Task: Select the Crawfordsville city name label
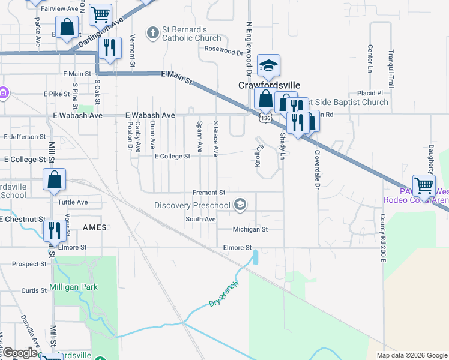point(269,86)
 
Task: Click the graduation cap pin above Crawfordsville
point(269,67)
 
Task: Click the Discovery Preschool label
point(192,206)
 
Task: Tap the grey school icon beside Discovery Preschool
point(240,206)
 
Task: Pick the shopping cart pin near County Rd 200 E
point(424,186)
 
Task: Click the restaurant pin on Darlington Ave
point(109,48)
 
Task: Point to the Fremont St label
point(208,193)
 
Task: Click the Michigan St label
point(250,229)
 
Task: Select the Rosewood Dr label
point(223,51)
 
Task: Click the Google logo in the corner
point(19,353)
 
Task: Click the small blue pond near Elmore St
point(256,257)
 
